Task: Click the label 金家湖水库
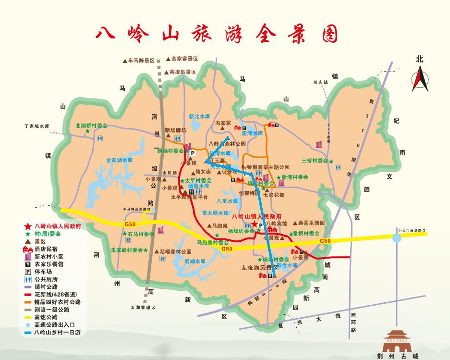[119, 160]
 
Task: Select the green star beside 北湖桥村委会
[87, 131]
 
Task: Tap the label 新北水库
[199, 116]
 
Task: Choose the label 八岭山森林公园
[228, 143]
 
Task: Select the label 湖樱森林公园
[175, 251]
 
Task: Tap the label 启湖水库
[195, 261]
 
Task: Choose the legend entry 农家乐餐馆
[49, 264]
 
